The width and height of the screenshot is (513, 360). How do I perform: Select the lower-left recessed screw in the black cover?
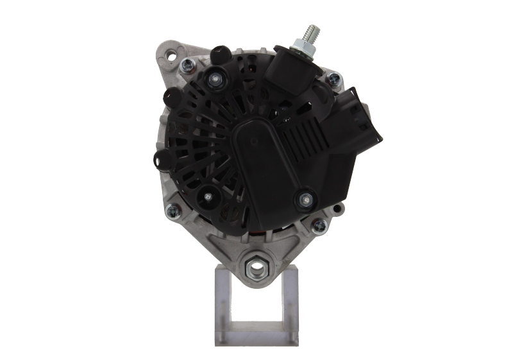pos(208,197)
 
